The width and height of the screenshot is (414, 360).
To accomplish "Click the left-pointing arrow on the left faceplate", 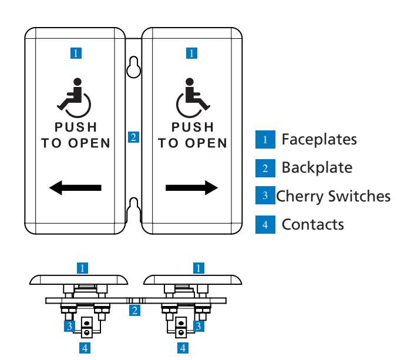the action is coord(75,188).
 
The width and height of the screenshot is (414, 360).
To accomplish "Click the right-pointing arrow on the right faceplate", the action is coord(191,188).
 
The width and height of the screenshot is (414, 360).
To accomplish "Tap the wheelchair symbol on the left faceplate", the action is coord(74,97).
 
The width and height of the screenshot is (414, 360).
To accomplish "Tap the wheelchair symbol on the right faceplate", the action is coord(193,97).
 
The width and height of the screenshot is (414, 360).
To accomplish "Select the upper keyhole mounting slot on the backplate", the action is coord(134,67).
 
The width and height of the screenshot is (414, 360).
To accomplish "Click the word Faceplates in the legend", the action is coord(319,139).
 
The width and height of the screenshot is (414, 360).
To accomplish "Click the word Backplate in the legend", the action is coord(317,168).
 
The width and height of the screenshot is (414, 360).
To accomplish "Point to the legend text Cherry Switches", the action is coord(333,196).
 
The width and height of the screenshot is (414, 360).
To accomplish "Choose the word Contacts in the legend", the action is coord(313,224).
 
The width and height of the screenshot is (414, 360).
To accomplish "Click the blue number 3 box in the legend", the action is coord(265,195).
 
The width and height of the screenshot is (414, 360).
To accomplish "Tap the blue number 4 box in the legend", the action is coord(265,224).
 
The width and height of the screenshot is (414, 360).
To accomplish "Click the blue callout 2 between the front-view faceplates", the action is coord(134,137).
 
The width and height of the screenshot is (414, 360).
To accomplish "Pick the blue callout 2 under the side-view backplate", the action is coord(134,310).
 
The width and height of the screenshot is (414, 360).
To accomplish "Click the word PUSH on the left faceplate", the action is coord(76,127).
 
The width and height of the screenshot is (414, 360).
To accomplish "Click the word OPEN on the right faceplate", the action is coord(206,143).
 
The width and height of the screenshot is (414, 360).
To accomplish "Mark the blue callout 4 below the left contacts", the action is coord(85,348).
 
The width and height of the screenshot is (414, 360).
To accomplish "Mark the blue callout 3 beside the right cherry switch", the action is coord(198,326).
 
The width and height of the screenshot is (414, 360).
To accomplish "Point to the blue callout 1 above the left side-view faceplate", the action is coord(82,268).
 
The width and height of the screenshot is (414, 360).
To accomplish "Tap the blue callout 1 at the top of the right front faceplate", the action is coord(191,53).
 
